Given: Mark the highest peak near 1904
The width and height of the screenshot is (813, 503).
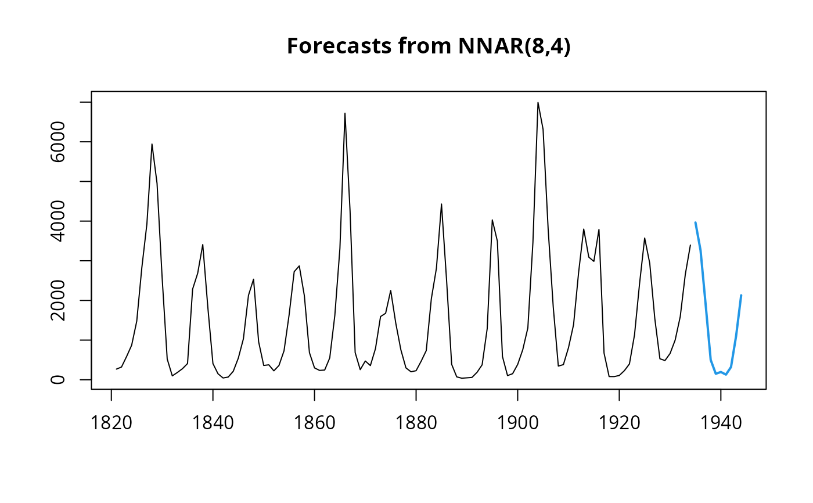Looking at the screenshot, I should coord(538,102).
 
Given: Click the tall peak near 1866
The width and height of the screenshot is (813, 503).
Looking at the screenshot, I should coord(345,113).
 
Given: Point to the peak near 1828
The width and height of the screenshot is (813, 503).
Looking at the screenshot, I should coord(152,144).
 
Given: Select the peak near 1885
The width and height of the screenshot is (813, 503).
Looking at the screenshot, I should coord(441,204).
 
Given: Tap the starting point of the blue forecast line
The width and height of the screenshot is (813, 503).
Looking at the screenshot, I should coord(695,222).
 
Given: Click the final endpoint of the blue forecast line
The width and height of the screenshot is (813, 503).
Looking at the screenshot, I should coord(741,295).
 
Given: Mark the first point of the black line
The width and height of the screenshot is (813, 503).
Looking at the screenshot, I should coord(116,369).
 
